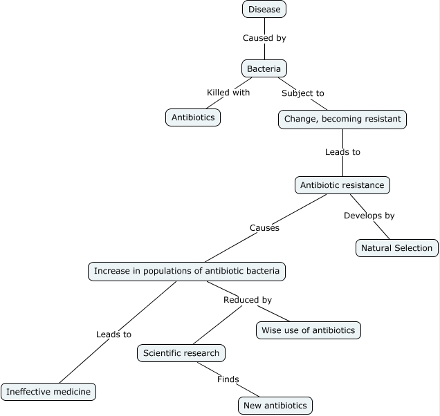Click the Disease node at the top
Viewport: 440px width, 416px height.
click(x=264, y=9)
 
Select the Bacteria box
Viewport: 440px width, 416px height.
click(x=264, y=68)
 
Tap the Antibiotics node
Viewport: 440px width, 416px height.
click(x=193, y=117)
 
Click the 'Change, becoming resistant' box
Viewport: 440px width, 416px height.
click(x=342, y=119)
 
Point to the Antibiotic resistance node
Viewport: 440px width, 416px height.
click(x=342, y=185)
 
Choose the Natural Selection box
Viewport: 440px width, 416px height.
click(x=396, y=248)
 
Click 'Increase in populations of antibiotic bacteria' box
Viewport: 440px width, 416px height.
click(x=187, y=271)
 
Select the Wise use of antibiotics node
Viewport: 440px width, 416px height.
click(x=308, y=330)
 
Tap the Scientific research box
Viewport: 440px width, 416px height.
click(x=181, y=353)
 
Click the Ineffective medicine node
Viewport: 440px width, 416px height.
click(x=48, y=392)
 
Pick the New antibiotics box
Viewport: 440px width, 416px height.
click(x=275, y=406)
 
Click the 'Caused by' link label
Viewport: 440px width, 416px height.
click(x=264, y=38)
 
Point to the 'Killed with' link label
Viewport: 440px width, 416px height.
click(x=228, y=92)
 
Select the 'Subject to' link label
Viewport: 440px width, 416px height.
click(x=302, y=93)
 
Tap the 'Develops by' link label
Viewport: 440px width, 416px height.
click(x=369, y=216)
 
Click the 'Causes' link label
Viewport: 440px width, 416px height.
click(x=264, y=227)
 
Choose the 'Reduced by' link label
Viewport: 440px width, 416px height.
click(x=247, y=300)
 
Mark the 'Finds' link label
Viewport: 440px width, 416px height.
click(x=228, y=379)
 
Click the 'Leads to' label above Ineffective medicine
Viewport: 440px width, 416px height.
click(x=113, y=334)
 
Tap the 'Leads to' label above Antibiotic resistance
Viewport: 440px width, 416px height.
click(x=342, y=151)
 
